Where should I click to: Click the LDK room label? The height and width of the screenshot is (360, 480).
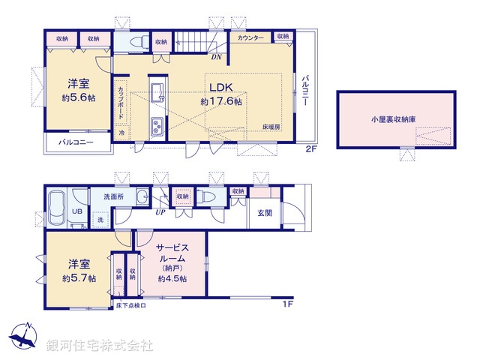point(221,85)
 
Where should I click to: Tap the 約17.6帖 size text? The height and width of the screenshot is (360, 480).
point(221,101)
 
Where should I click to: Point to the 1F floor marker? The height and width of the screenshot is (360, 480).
point(287,303)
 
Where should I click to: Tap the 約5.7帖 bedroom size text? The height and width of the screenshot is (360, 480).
point(79,278)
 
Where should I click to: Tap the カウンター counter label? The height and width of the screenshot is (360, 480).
point(250,37)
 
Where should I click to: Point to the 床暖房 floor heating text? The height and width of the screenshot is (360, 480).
point(271,127)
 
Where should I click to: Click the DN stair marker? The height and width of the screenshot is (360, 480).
point(215,57)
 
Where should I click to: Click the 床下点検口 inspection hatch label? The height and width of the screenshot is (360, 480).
point(131,305)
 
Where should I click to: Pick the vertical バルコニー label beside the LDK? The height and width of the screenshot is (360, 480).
point(306,91)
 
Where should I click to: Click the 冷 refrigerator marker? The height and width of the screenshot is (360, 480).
point(122,132)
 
